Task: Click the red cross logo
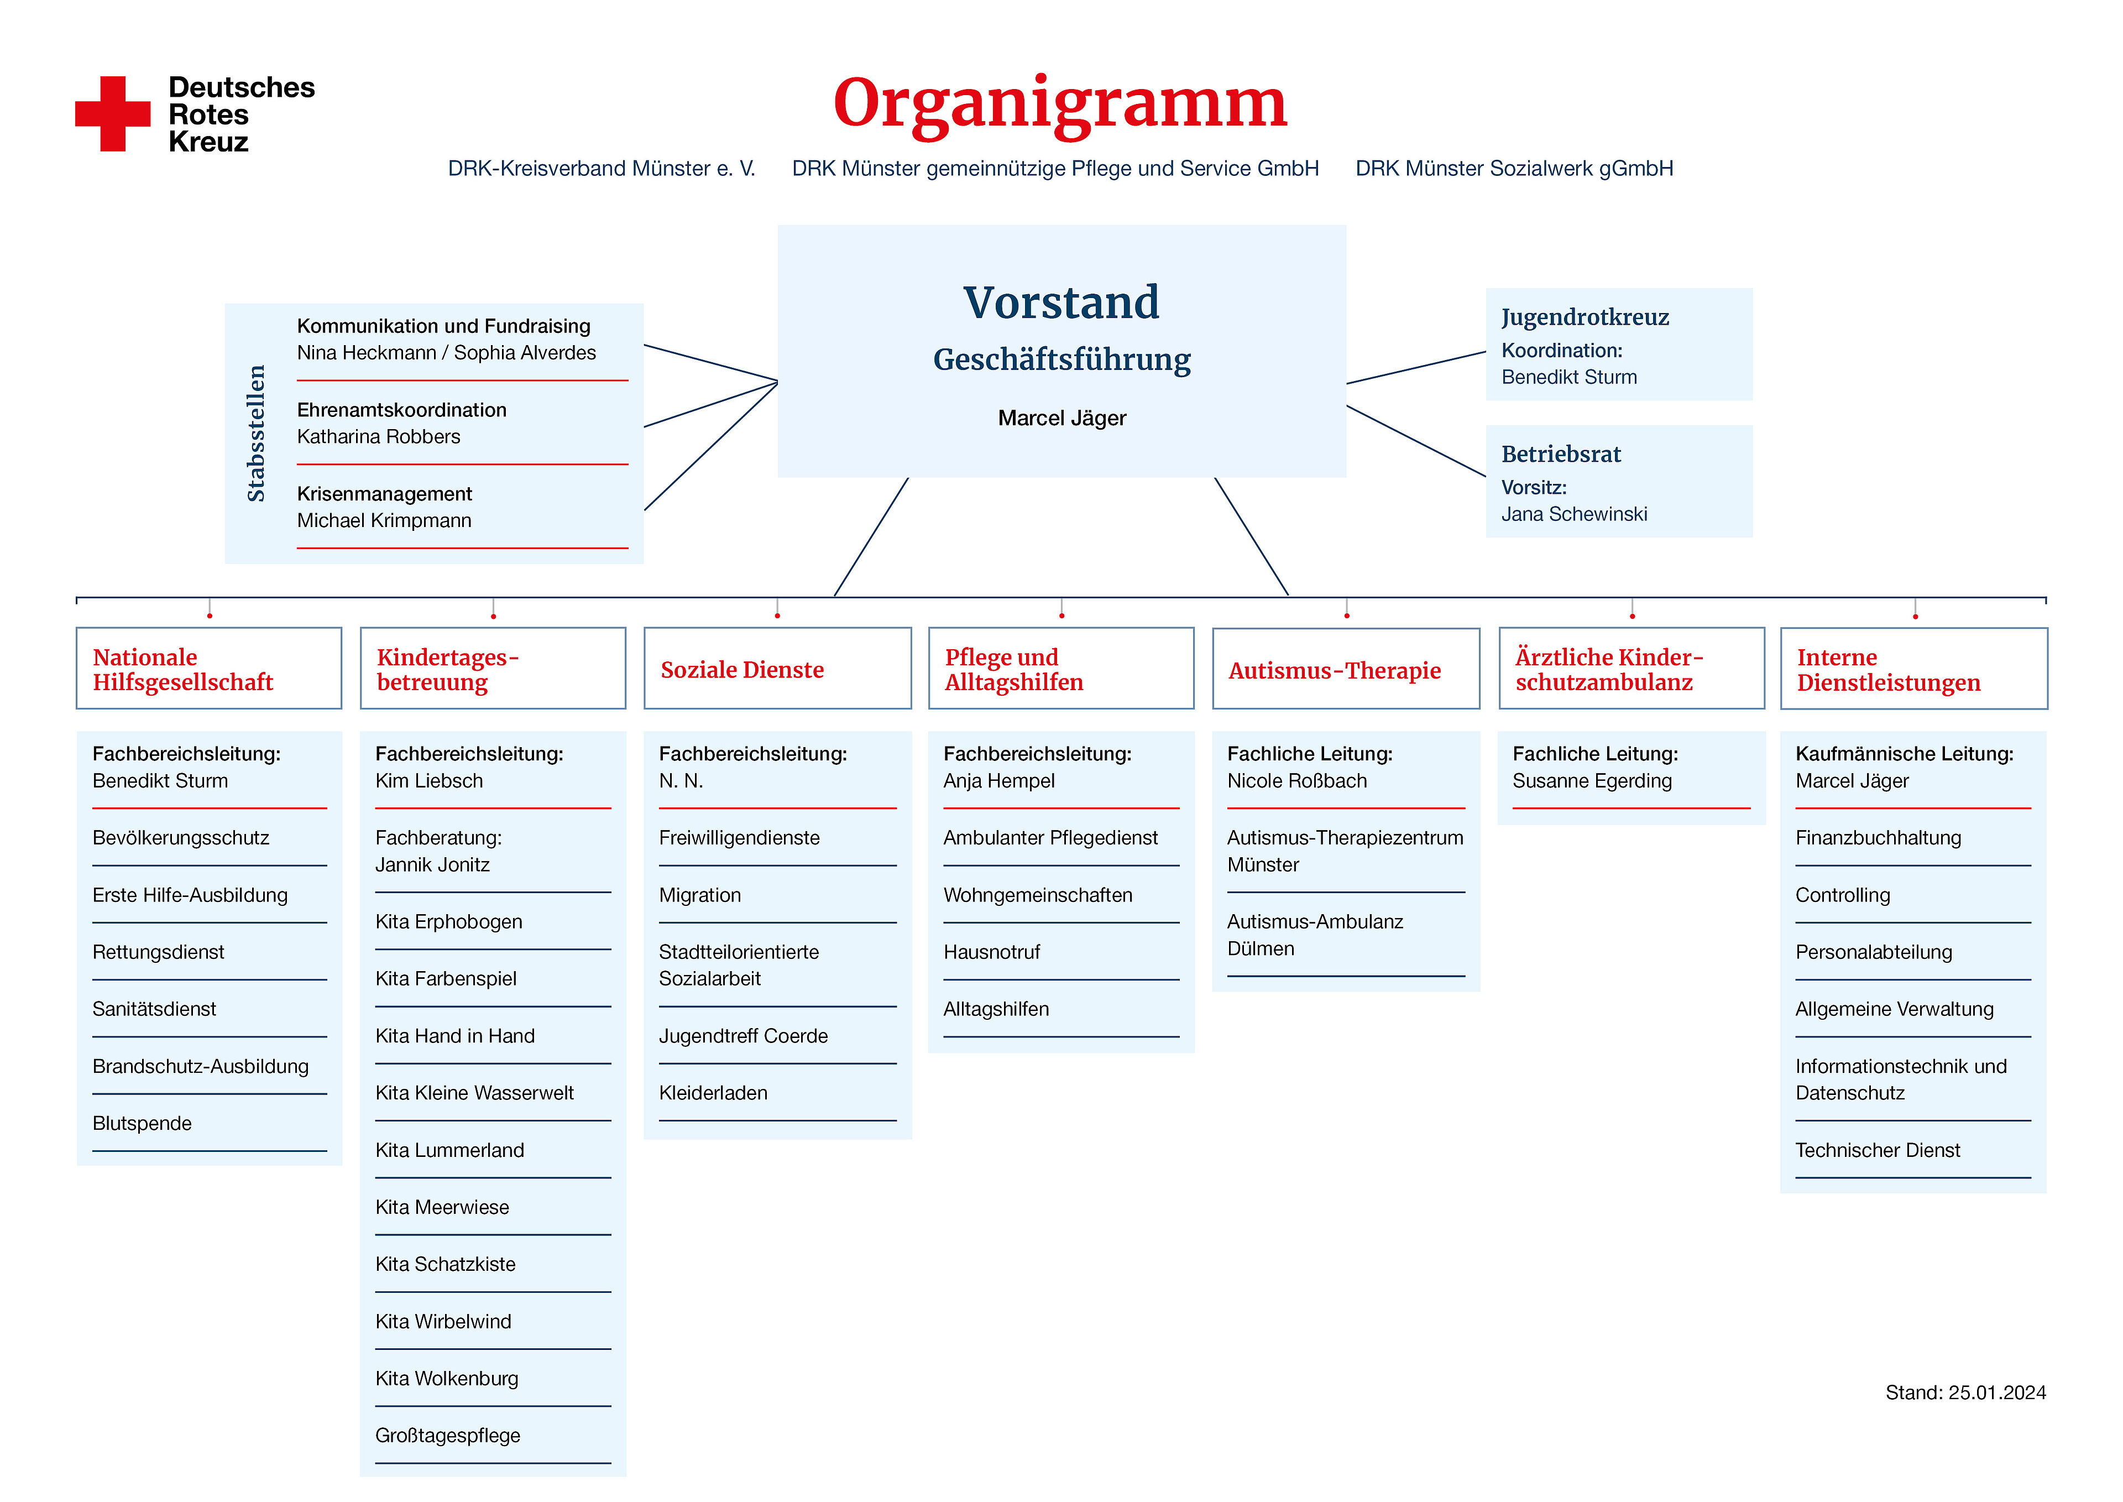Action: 113,114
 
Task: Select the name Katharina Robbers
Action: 378,436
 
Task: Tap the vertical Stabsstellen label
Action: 256,434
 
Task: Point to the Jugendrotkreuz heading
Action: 1585,317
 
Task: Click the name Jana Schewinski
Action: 1574,514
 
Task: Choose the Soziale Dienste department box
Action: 778,669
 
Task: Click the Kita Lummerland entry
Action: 449,1150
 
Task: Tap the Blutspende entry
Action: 143,1124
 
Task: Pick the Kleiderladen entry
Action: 713,1093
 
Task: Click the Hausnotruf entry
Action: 991,953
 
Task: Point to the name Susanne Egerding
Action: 1592,781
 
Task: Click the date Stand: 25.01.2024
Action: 1966,1393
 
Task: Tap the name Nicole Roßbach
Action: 1296,781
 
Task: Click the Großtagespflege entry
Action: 447,1436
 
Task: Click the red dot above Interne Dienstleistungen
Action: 1915,616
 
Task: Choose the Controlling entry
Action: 1843,895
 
